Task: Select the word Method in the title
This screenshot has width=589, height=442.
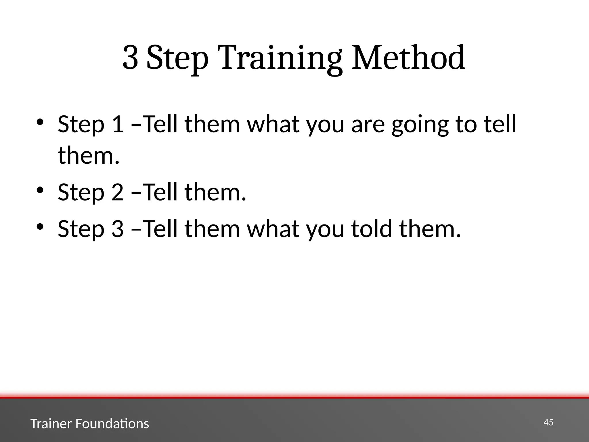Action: coord(408,58)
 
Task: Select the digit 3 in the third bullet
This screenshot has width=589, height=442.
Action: coord(117,229)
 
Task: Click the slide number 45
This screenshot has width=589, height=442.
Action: coord(548,422)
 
